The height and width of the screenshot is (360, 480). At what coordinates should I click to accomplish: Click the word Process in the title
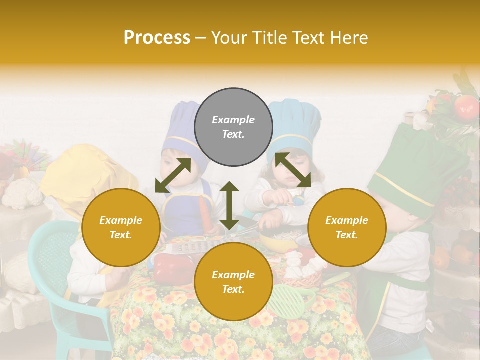(x=157, y=37)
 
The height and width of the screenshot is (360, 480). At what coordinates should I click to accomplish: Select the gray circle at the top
(x=233, y=127)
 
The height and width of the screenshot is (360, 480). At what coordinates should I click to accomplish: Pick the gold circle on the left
(x=121, y=227)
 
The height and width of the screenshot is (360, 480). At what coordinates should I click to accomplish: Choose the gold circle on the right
(x=347, y=227)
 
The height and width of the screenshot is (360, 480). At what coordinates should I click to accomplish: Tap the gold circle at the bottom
(x=233, y=281)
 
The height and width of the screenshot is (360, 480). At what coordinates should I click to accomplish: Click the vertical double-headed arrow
(x=229, y=205)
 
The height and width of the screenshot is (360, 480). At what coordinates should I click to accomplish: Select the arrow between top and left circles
(x=173, y=175)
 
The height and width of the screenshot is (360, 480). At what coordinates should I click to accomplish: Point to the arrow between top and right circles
(x=292, y=170)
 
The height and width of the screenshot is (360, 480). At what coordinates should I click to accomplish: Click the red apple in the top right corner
(x=466, y=106)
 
